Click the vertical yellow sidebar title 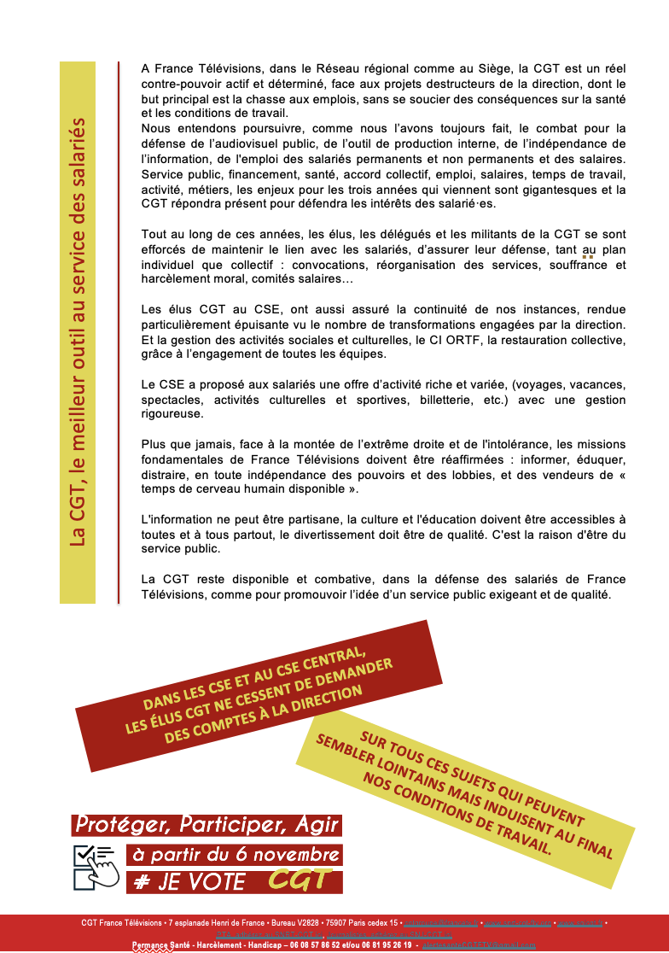78,333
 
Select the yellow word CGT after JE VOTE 299,880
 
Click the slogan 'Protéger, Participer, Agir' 207,825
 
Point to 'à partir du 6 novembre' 235,854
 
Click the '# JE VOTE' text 190,882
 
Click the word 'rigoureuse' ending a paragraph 173,414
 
